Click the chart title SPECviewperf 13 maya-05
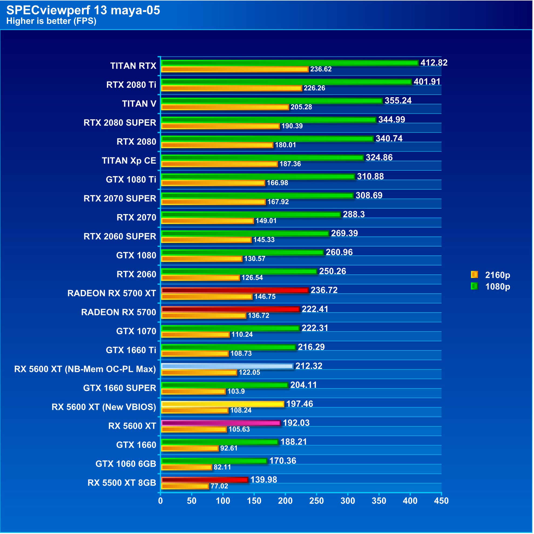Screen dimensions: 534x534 pos(83,10)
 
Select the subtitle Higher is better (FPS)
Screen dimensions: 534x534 pos(51,21)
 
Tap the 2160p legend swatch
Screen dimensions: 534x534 pos(474,275)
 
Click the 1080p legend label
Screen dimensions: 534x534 pos(498,287)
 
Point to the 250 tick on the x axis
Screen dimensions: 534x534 pos(316,501)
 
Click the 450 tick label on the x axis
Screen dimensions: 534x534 pos(441,501)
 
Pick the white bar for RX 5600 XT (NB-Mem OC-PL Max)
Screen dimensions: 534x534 pos(227,366)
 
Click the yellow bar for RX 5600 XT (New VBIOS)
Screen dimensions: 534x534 pos(222,404)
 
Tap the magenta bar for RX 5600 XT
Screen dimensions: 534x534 pos(221,423)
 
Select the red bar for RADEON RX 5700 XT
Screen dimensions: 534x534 pos(235,290)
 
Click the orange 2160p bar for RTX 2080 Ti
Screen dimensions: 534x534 pos(231,88)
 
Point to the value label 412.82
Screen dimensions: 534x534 pos(434,63)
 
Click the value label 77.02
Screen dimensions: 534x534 pos(219,486)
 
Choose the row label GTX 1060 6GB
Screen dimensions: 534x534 pos(126,464)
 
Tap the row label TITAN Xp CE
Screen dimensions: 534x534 pos(129,160)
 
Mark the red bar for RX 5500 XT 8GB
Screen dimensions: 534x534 pos(205,480)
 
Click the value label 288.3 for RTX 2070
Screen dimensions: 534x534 pos(354,214)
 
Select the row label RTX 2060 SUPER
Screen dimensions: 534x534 pos(120,236)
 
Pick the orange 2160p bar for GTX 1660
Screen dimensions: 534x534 pos(190,448)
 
